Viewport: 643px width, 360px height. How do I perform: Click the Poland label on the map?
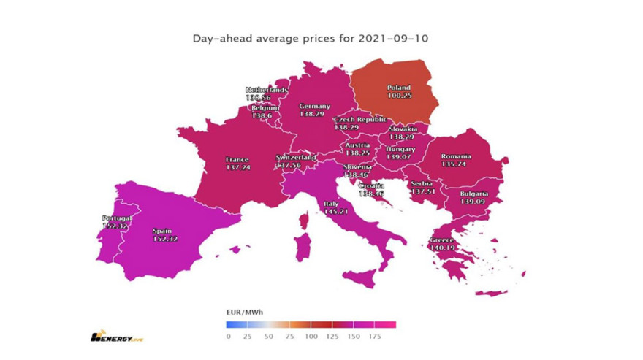[x=399, y=88]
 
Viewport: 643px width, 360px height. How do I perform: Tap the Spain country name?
[x=162, y=231]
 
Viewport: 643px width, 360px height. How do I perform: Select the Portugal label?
[x=117, y=218]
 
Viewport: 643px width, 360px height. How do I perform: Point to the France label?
[x=237, y=160]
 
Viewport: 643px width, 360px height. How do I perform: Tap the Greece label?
[x=442, y=240]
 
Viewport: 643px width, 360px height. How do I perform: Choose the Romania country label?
[x=456, y=156]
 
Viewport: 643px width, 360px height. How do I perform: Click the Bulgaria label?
[x=475, y=194]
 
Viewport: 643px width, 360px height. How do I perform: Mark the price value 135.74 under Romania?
[x=456, y=164]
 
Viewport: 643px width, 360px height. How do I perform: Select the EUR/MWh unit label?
[x=245, y=312]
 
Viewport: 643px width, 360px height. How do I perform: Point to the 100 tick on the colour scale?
[x=311, y=336]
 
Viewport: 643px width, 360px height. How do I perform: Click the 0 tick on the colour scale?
[x=228, y=336]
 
